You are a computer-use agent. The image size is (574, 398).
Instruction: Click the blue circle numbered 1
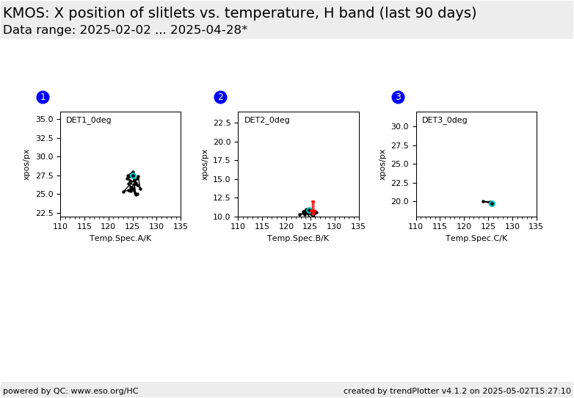[43, 97]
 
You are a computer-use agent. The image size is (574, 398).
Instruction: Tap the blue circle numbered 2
[220, 97]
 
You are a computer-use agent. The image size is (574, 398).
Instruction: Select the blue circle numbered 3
[399, 97]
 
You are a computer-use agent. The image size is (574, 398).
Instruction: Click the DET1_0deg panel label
[89, 120]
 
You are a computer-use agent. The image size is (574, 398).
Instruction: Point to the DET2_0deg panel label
[267, 120]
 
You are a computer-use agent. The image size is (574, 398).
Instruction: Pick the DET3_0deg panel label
[444, 120]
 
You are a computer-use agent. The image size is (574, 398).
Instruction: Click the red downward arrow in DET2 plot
[313, 208]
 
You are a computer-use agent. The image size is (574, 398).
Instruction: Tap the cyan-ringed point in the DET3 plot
[492, 203]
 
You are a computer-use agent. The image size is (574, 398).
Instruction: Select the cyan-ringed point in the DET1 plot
[133, 176]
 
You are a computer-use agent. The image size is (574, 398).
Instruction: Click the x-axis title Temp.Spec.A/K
[120, 239]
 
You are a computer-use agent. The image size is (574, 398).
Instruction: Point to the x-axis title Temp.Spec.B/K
[298, 239]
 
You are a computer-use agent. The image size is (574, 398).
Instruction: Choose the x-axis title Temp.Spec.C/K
[476, 239]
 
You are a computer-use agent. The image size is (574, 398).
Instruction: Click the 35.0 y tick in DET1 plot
[44, 120]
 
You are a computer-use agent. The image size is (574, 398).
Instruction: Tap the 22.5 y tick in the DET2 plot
[222, 123]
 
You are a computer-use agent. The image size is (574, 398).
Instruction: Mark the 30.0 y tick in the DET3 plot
[400, 127]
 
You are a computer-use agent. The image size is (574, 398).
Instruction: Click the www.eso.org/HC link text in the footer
[105, 391]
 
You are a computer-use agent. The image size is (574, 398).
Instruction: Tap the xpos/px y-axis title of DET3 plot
[382, 164]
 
